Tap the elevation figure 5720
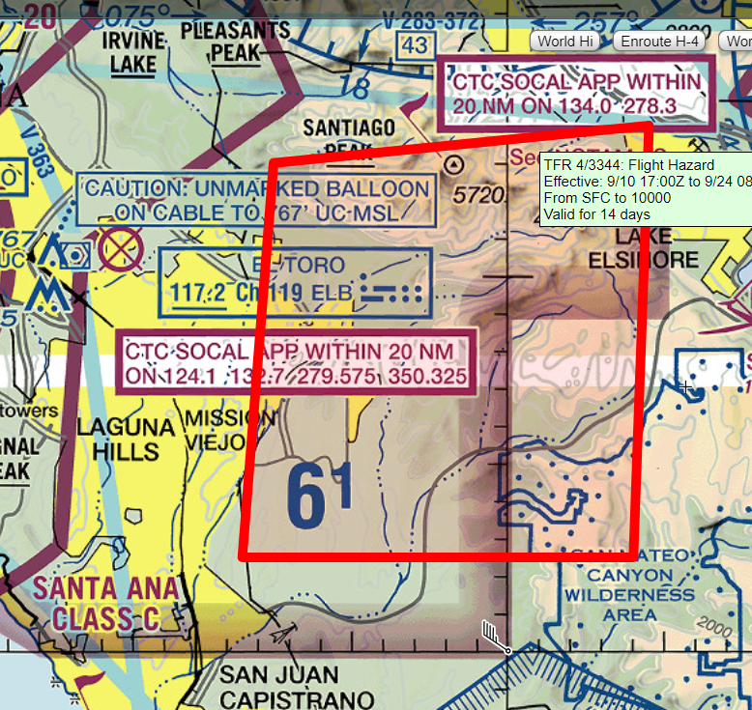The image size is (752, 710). (479, 196)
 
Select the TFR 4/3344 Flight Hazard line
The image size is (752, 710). (629, 165)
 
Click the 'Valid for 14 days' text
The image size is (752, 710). (597, 214)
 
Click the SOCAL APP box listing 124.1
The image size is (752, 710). (298, 362)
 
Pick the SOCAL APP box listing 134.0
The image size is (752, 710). (578, 93)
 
